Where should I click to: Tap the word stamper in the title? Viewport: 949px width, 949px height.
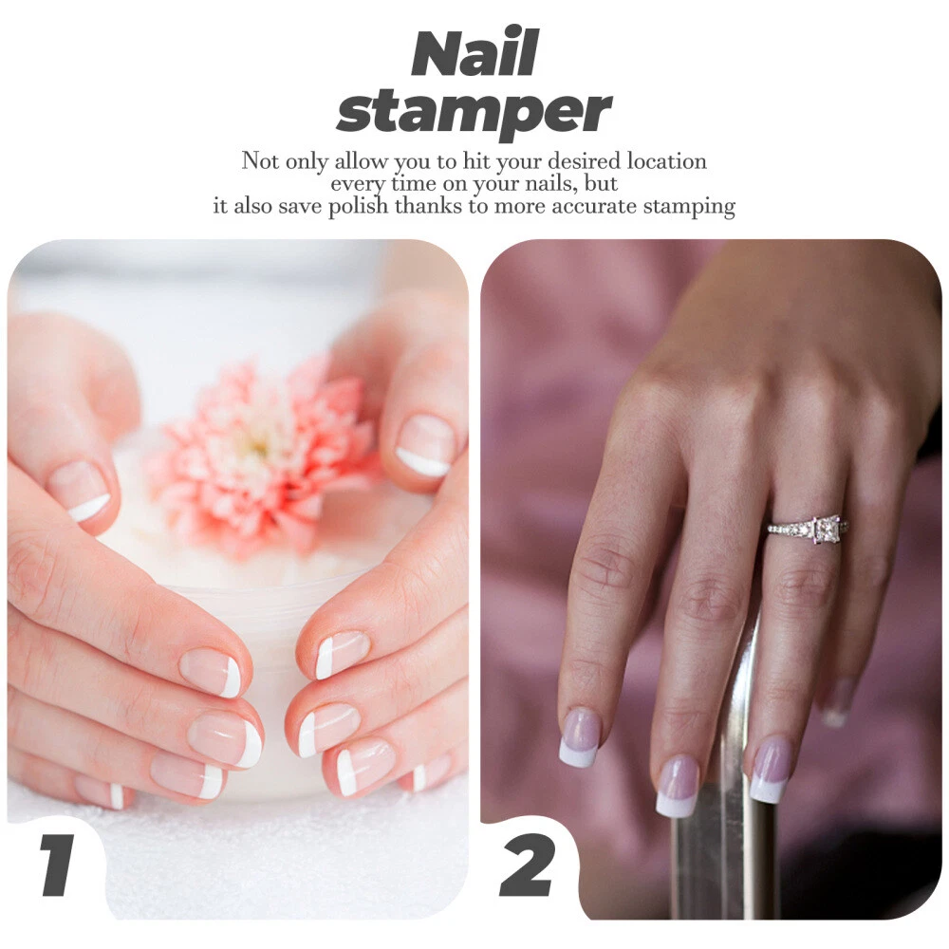click(474, 112)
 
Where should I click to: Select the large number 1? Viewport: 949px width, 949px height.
click(58, 865)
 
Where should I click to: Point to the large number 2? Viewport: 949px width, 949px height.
click(526, 865)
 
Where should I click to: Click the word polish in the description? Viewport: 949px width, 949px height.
click(358, 207)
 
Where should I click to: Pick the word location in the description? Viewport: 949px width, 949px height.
click(666, 161)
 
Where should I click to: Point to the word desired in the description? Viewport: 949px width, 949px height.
click(584, 161)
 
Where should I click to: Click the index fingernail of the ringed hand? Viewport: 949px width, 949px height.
click(579, 738)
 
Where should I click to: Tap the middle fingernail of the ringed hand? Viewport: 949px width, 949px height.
click(678, 786)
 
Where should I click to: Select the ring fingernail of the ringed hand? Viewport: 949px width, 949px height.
click(771, 771)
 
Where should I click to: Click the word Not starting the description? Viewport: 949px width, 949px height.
click(260, 161)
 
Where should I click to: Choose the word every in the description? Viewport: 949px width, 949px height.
click(359, 184)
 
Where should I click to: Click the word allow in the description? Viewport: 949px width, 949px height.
click(362, 161)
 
